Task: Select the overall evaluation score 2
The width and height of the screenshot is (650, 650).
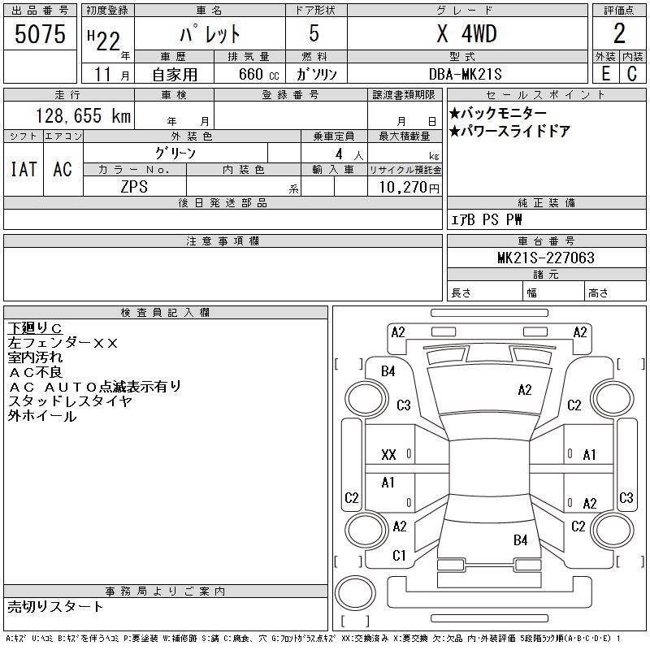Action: click(x=619, y=34)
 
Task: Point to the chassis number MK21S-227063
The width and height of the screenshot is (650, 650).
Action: click(x=546, y=258)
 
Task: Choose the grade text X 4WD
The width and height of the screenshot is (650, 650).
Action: click(x=466, y=34)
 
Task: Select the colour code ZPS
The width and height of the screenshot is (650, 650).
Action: click(x=134, y=187)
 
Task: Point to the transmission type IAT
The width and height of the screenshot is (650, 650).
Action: click(x=24, y=170)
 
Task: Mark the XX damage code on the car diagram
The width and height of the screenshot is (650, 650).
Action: click(x=388, y=455)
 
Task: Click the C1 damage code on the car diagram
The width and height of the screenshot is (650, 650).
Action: click(x=399, y=556)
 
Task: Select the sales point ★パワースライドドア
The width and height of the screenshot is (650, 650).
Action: click(x=509, y=132)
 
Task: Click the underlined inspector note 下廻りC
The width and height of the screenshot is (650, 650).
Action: click(x=35, y=328)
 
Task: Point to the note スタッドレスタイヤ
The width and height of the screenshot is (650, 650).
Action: click(x=70, y=401)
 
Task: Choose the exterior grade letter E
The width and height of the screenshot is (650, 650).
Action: click(x=605, y=73)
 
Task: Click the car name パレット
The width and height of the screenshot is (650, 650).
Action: click(x=209, y=34)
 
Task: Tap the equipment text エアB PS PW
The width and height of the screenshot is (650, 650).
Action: click(x=487, y=219)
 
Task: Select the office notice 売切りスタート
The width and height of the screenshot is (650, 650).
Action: click(x=56, y=606)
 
